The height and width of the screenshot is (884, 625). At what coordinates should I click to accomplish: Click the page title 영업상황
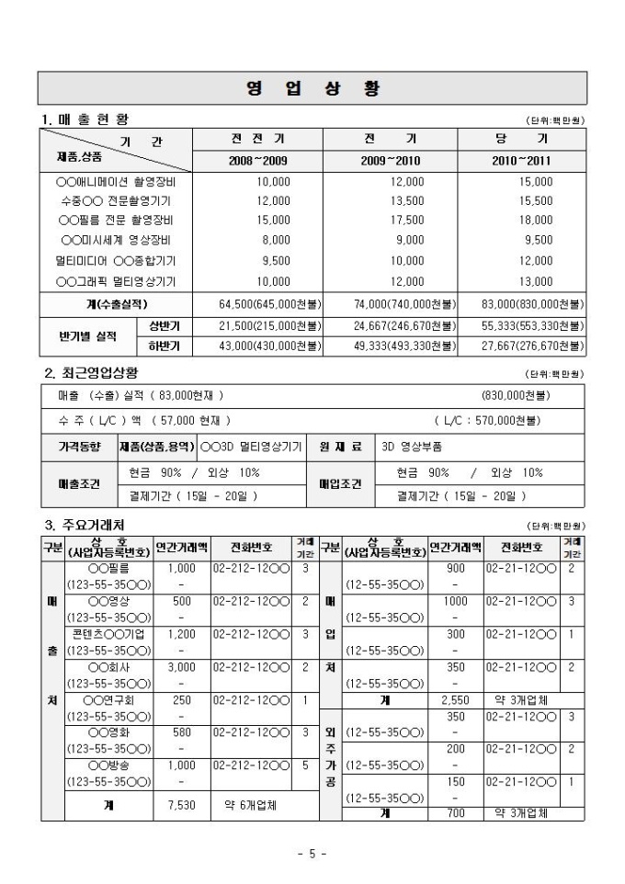pyautogui.click(x=312, y=88)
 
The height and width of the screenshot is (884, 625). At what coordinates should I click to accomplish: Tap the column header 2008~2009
pyautogui.click(x=257, y=160)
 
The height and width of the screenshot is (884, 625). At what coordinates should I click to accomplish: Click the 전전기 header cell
pyautogui.click(x=257, y=139)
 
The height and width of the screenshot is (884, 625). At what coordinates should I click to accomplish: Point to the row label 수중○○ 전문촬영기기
pyautogui.click(x=115, y=200)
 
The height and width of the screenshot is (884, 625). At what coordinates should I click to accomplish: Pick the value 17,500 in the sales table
pyautogui.click(x=407, y=220)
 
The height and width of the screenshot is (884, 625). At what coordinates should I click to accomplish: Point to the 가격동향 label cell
pyautogui.click(x=77, y=446)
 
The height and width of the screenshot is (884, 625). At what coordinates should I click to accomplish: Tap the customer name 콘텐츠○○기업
pyautogui.click(x=108, y=634)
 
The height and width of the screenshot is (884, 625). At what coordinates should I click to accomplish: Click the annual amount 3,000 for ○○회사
pyautogui.click(x=181, y=666)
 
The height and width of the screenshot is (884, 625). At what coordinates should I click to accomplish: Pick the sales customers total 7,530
pyautogui.click(x=181, y=805)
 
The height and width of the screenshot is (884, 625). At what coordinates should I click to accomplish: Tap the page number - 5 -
pyautogui.click(x=312, y=854)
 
